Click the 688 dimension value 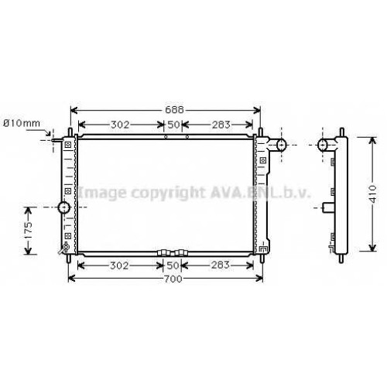(x=174, y=110)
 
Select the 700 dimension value (x=173, y=279)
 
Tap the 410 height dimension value (x=372, y=193)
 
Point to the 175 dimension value (x=28, y=230)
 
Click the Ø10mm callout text (x=22, y=123)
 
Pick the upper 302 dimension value (x=120, y=125)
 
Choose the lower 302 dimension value (x=119, y=265)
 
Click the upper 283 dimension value (x=221, y=125)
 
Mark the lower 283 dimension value (x=220, y=265)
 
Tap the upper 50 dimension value (x=173, y=125)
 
